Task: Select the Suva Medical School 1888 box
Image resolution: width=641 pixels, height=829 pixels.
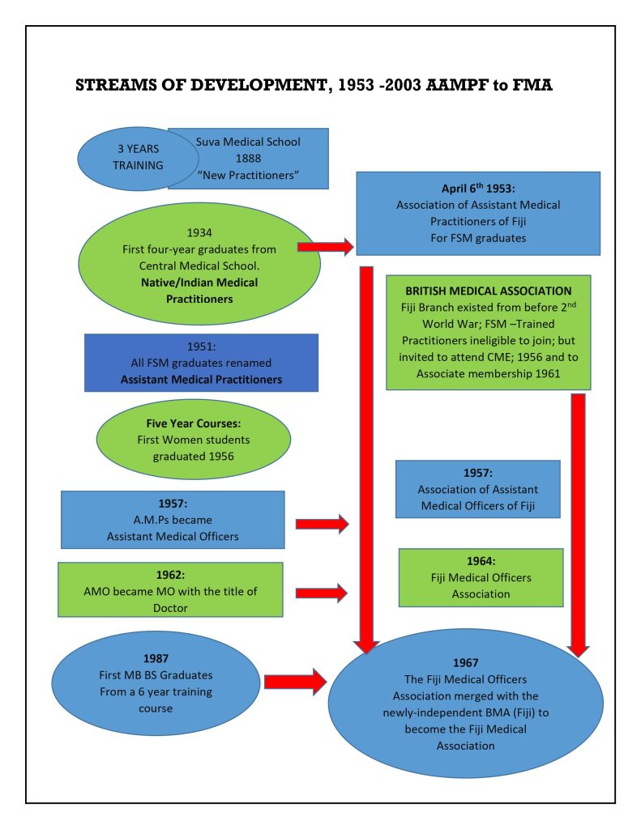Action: tap(248, 157)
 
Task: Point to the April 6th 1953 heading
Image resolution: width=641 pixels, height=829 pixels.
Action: tap(478, 189)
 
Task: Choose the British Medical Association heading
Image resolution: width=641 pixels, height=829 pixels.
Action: tap(488, 291)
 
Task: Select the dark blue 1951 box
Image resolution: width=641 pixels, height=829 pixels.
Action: tap(201, 362)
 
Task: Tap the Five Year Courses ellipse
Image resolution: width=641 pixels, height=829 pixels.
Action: tap(193, 440)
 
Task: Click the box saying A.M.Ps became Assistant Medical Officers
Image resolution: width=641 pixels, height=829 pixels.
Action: tap(172, 520)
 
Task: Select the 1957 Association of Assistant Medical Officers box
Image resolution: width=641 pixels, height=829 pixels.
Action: tap(477, 489)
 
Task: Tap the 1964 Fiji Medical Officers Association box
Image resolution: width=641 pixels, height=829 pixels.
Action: tap(481, 577)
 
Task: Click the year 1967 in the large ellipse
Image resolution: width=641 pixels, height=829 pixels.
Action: tap(465, 661)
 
